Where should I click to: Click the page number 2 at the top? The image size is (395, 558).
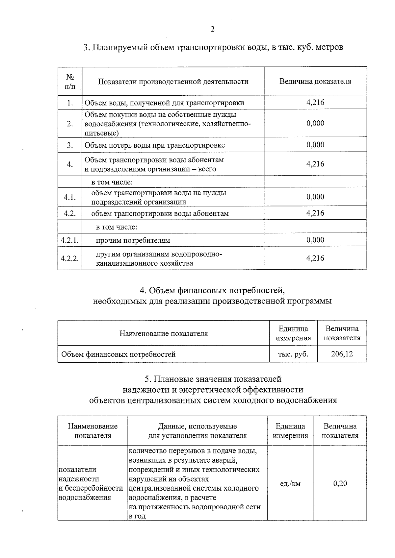coord(212,29)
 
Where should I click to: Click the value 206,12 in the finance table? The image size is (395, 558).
coord(342,354)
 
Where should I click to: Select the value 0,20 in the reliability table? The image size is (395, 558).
coord(340,483)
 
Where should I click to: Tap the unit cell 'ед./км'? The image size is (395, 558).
coord(290,483)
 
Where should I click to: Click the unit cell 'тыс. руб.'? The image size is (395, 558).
coord(293,354)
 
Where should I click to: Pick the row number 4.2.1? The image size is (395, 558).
coord(70,240)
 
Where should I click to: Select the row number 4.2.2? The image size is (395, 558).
coord(70,258)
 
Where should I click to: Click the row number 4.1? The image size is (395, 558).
coord(70,197)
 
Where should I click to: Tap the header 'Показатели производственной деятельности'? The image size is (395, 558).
coord(173,82)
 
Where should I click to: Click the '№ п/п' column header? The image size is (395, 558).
coord(70,82)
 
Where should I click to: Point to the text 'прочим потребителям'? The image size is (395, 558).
coord(133,240)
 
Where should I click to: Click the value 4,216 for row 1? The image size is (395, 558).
coord(315,102)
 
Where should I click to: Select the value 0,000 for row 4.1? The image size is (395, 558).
coord(315,197)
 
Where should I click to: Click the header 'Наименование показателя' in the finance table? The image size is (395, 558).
coord(164,333)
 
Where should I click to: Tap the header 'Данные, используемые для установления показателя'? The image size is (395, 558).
coord(197,431)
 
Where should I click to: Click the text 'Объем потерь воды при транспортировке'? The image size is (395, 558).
coord(155,145)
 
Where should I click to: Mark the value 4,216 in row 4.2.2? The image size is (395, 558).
coord(315,258)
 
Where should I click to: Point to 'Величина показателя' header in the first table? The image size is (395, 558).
coord(315,82)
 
